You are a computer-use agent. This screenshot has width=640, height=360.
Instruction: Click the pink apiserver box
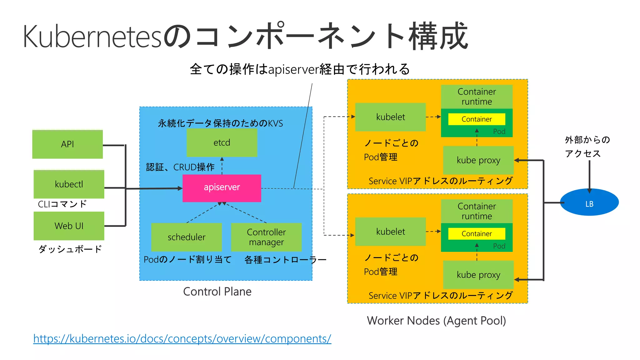[x=222, y=188]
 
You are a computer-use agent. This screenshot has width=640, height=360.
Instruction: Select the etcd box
[x=222, y=142]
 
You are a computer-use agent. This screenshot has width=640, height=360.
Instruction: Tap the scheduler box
[x=186, y=237]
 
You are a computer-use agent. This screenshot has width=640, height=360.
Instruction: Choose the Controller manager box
[x=266, y=237]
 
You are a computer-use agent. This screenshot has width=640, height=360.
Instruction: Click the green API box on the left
[x=67, y=144]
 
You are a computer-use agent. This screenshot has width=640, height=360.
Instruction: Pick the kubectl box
[x=69, y=184]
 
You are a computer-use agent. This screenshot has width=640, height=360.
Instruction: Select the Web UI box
[x=69, y=226]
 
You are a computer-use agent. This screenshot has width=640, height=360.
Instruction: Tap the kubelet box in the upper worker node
[x=390, y=117]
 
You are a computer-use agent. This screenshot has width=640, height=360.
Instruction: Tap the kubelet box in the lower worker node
[x=390, y=232]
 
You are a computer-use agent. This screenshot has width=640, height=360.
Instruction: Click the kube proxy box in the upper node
[x=478, y=160]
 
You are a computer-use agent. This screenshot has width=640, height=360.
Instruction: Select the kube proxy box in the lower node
[x=478, y=275]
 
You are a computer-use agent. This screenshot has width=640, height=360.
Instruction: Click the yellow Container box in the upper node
[x=477, y=119]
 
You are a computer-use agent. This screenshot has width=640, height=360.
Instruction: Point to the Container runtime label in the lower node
[x=477, y=211]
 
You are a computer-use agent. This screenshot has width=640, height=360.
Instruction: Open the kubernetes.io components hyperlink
[x=182, y=338]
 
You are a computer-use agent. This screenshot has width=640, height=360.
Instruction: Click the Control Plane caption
[x=217, y=292]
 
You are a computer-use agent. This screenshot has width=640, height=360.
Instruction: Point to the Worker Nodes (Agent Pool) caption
[x=436, y=321]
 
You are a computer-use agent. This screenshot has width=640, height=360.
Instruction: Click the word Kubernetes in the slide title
[x=92, y=37]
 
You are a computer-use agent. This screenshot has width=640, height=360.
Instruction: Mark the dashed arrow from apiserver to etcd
[x=222, y=166]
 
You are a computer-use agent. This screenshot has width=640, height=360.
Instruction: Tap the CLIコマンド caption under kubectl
[x=62, y=204]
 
